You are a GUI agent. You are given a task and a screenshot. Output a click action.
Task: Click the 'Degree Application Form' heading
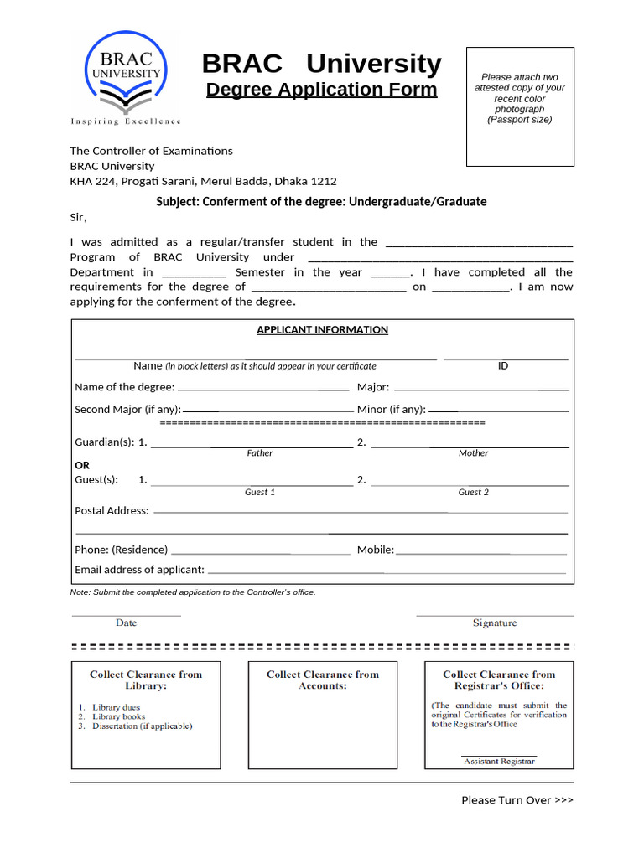[x=321, y=90]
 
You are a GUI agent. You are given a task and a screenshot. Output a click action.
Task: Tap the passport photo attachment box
[x=520, y=106]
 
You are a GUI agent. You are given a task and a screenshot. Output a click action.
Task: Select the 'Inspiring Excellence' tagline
[x=126, y=121]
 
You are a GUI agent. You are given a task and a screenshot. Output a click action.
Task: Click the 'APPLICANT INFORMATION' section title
[x=322, y=330]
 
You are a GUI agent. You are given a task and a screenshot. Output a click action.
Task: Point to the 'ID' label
[x=503, y=366]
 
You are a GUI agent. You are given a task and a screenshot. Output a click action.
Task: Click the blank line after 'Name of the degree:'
[x=262, y=389]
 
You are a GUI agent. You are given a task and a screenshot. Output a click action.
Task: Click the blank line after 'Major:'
[x=480, y=389]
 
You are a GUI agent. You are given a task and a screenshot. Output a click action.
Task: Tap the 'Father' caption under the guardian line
[x=259, y=453]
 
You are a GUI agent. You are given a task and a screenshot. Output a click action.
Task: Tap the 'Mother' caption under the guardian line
[x=473, y=453]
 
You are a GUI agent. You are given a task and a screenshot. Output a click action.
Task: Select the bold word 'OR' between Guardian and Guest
[x=82, y=465]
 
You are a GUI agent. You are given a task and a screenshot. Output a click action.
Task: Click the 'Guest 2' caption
[x=473, y=493]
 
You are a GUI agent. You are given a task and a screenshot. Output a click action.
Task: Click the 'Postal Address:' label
[x=112, y=511]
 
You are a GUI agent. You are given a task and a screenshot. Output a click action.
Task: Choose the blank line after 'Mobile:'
[x=480, y=552]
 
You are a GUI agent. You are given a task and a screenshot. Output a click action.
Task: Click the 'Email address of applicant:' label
[x=139, y=570]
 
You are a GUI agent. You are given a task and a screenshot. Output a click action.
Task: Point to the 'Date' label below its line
[x=127, y=623]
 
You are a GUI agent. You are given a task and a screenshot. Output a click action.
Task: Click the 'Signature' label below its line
[x=495, y=623]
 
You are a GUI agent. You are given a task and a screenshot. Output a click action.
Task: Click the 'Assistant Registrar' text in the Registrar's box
[x=499, y=762]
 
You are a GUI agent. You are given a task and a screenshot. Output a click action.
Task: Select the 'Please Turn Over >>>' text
[x=517, y=800]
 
